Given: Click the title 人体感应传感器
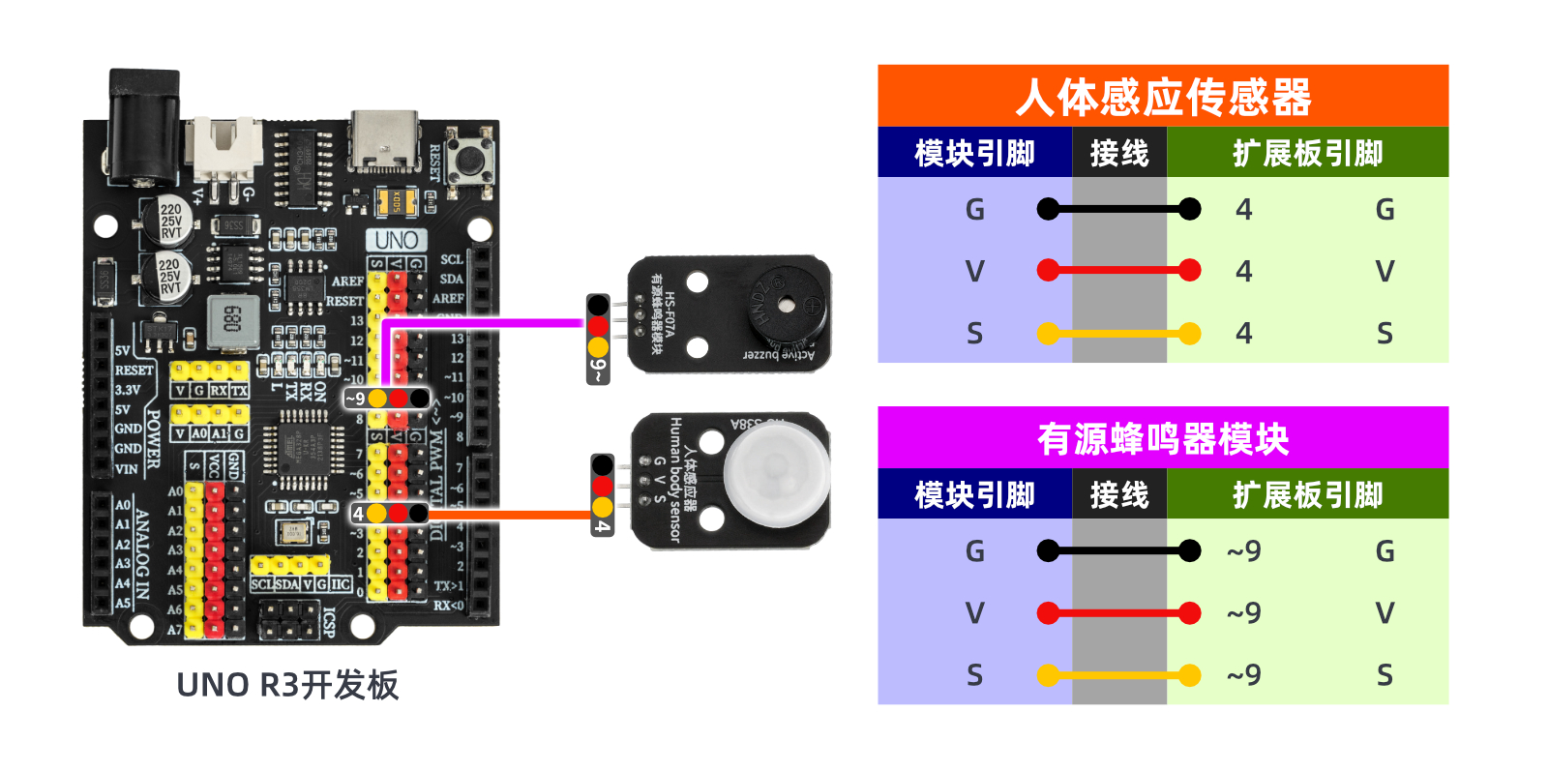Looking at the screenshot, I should pyautogui.click(x=1162, y=97).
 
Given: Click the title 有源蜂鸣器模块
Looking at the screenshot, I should pyautogui.click(x=1162, y=439).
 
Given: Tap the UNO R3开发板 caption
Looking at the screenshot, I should pyautogui.click(x=287, y=685).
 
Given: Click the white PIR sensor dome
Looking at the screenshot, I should pyautogui.click(x=776, y=474).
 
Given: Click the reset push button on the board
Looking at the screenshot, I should pyautogui.click(x=471, y=158).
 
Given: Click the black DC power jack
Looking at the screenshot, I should pyautogui.click(x=143, y=126).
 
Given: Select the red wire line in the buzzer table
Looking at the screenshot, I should pyautogui.click(x=1118, y=612).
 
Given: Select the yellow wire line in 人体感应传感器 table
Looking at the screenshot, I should pyautogui.click(x=1118, y=334).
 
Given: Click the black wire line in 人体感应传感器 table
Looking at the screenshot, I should pyautogui.click(x=1118, y=209).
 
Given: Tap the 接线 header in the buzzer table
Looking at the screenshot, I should pyautogui.click(x=1118, y=495).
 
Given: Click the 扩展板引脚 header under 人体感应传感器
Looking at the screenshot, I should pyautogui.click(x=1307, y=153).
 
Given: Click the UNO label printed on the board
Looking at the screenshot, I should pyautogui.click(x=396, y=240).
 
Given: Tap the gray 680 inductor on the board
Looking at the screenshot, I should pyautogui.click(x=232, y=319).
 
